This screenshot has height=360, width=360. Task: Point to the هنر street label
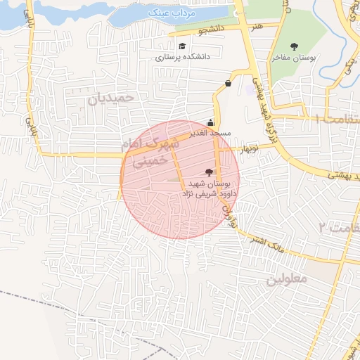click(256, 25)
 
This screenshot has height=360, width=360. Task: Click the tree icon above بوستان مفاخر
click(294, 46)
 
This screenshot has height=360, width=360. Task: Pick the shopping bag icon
click(229, 83)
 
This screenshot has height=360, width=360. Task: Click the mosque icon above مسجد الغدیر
click(211, 120)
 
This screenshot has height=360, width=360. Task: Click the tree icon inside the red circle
click(208, 172)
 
